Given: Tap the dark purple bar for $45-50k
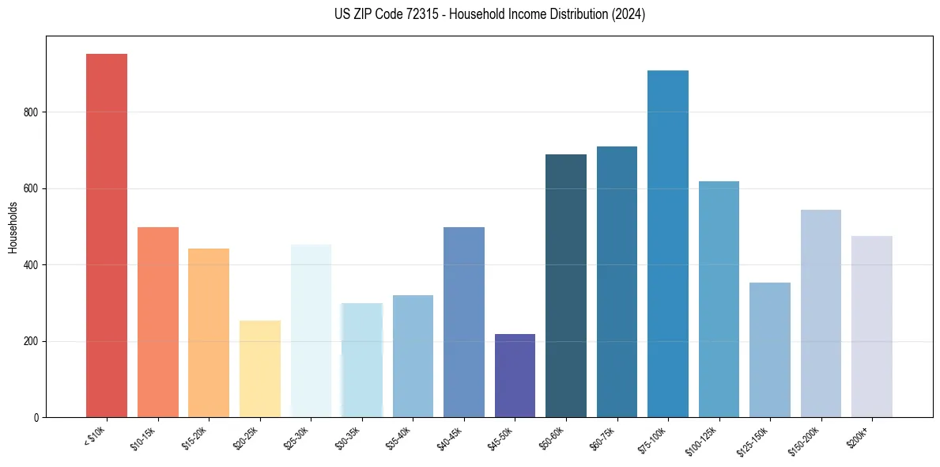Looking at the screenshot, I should click(515, 375).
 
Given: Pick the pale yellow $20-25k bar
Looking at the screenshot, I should click(260, 368).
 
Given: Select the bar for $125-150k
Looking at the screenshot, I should click(769, 349).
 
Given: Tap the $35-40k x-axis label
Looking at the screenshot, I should click(401, 438).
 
